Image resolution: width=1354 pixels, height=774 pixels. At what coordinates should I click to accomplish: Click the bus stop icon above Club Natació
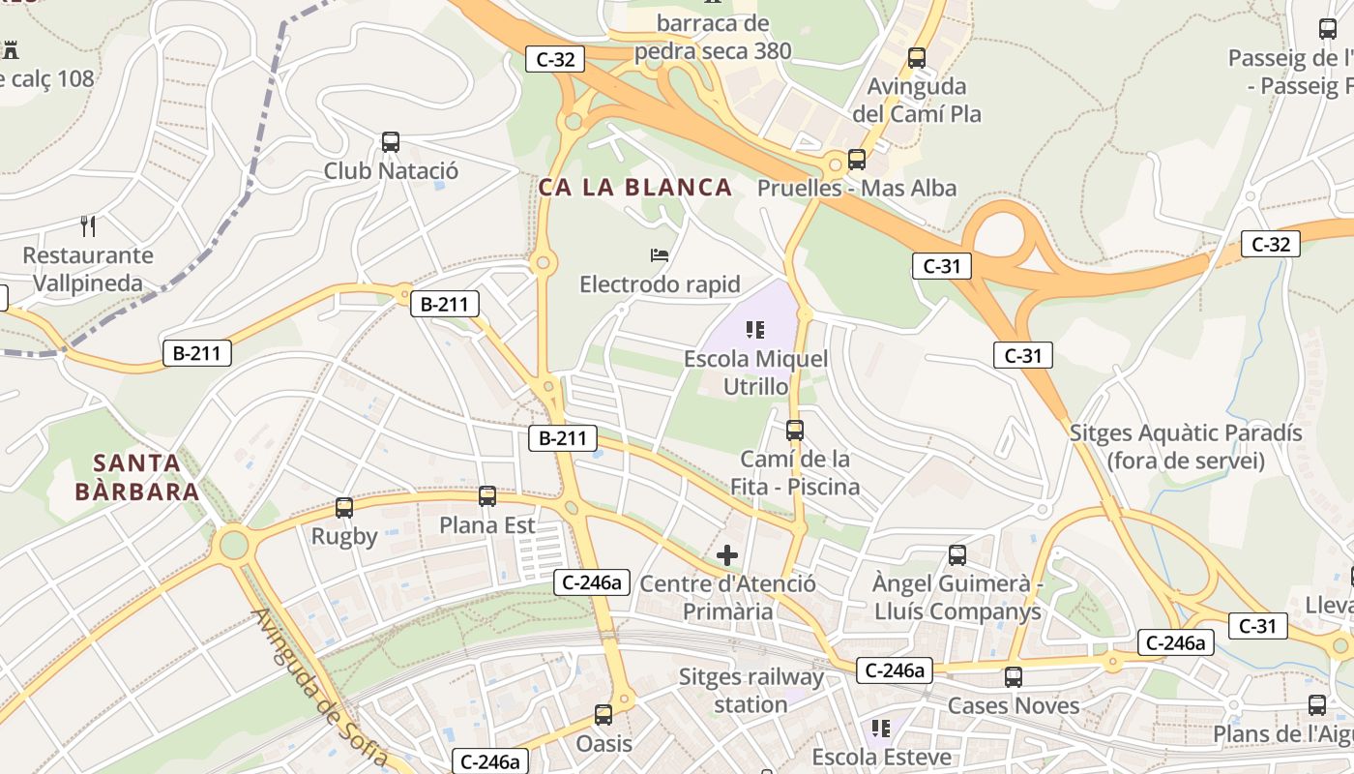(391, 142)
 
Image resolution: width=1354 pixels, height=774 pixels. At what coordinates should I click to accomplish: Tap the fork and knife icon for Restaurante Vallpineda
(88, 226)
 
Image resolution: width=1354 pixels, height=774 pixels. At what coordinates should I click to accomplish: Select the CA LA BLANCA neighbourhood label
(634, 188)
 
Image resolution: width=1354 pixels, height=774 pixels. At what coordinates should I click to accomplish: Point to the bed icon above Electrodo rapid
(660, 255)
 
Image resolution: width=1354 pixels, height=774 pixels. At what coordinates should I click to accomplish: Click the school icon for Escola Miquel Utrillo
(756, 330)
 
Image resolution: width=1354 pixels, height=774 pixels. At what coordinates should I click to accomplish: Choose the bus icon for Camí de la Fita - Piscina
(795, 430)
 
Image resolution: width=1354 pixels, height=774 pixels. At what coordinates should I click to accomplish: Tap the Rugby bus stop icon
(344, 507)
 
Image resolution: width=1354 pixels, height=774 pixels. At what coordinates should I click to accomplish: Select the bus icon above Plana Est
(487, 496)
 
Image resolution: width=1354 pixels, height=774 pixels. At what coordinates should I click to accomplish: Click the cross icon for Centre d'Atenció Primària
(727, 555)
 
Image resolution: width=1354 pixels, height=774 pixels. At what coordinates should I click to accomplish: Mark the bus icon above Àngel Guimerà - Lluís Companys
(957, 555)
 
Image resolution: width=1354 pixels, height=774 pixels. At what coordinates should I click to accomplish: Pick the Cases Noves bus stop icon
(1014, 677)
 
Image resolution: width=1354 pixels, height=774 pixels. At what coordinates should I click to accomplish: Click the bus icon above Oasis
(603, 715)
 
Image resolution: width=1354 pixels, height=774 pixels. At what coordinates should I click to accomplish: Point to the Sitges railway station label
(751, 691)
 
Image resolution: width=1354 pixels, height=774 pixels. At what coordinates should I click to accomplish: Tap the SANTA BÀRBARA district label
(137, 477)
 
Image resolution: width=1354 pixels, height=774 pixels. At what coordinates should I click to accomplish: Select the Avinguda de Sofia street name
(320, 687)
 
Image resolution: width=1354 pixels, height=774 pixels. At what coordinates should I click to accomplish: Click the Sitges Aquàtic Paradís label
(1186, 446)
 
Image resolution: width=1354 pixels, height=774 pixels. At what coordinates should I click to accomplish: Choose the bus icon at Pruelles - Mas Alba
(857, 160)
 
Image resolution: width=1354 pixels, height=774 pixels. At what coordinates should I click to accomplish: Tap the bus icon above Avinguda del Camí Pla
(917, 58)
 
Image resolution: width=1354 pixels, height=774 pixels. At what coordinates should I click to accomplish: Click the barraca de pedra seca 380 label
(713, 37)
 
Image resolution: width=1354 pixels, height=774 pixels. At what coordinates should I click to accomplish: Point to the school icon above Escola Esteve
(880, 728)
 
